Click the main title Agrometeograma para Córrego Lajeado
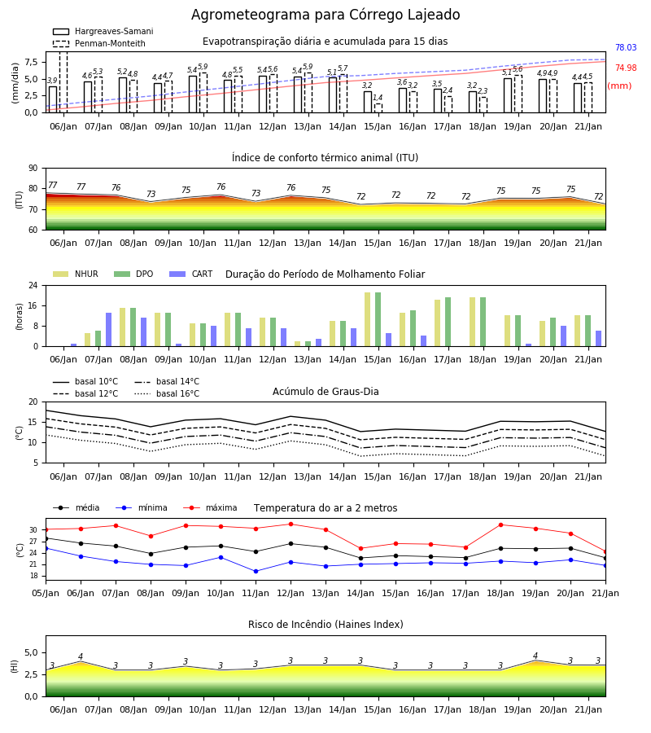(x=325, y=15)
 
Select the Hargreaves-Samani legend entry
(x=103, y=31)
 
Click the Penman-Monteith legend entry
(x=99, y=43)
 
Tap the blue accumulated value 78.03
(x=626, y=47)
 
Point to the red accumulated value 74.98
(x=626, y=68)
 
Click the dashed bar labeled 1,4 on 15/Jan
(x=378, y=108)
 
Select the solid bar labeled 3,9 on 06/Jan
(x=53, y=99)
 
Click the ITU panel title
(x=325, y=157)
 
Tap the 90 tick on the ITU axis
(x=33, y=169)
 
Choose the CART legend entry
(x=191, y=274)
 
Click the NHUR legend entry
(x=76, y=274)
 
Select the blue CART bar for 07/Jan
(x=109, y=330)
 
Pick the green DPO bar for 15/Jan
(x=378, y=319)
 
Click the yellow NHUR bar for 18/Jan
(x=473, y=322)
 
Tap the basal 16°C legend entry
(x=167, y=393)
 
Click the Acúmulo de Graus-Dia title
(x=325, y=391)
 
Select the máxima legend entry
(x=211, y=507)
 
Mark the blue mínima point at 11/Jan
(x=256, y=571)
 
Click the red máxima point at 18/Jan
(x=501, y=525)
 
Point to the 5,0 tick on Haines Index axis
(x=31, y=652)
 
